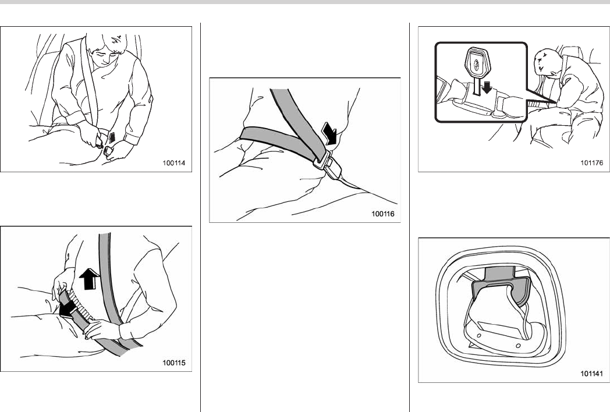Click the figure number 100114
174,163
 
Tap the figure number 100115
174,363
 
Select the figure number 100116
383,214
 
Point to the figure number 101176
592,162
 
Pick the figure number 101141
592,374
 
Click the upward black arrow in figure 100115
90,279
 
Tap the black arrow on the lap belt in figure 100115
69,308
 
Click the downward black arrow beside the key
486,88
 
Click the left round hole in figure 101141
479,336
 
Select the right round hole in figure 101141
518,346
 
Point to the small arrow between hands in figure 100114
112,137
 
